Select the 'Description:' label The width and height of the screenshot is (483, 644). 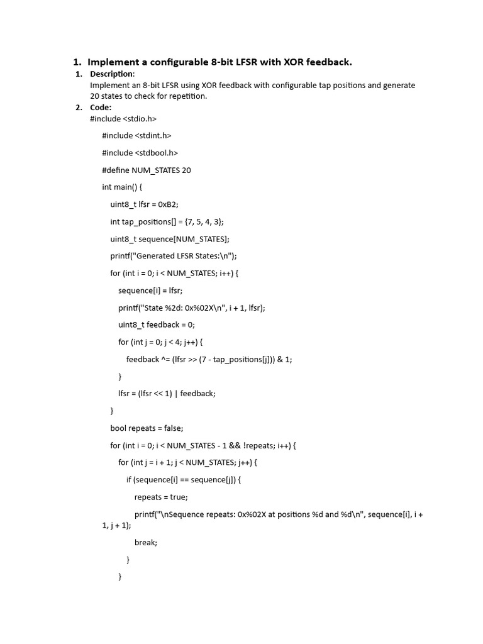coord(112,74)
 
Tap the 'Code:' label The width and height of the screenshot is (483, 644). coord(101,107)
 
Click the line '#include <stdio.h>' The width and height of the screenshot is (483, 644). coord(123,118)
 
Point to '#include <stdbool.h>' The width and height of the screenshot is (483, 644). coord(140,153)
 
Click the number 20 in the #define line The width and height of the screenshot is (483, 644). coord(186,170)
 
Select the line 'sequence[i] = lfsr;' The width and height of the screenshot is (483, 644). coord(150,291)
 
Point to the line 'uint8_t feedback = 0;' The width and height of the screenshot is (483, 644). coord(157,325)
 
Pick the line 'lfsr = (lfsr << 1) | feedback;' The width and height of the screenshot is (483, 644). coord(167,394)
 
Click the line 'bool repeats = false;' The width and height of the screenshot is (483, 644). coord(147,428)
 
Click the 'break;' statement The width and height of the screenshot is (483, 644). coord(145,542)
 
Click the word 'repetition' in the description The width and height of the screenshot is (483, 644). coord(187,96)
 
